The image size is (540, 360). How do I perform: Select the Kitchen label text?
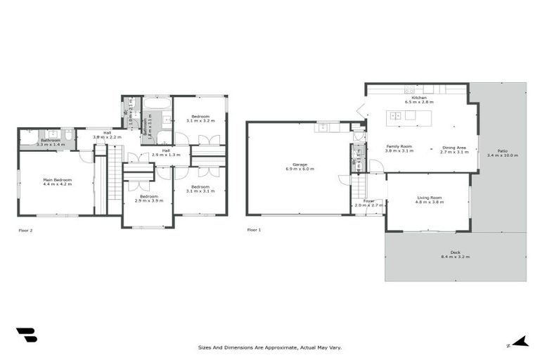[x=419, y=98]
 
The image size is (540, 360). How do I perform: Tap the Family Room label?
[x=399, y=147]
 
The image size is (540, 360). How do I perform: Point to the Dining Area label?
[x=454, y=147]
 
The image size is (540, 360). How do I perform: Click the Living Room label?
[x=428, y=198]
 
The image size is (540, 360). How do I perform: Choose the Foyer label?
[x=368, y=200]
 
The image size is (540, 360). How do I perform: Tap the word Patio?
[x=502, y=150]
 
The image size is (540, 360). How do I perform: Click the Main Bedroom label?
[x=58, y=179]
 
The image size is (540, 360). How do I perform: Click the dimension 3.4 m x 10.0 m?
[x=502, y=155]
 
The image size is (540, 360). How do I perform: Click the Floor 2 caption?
[x=25, y=230]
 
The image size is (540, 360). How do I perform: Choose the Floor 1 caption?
[x=254, y=230]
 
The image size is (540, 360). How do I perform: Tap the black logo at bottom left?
[x=26, y=335]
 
